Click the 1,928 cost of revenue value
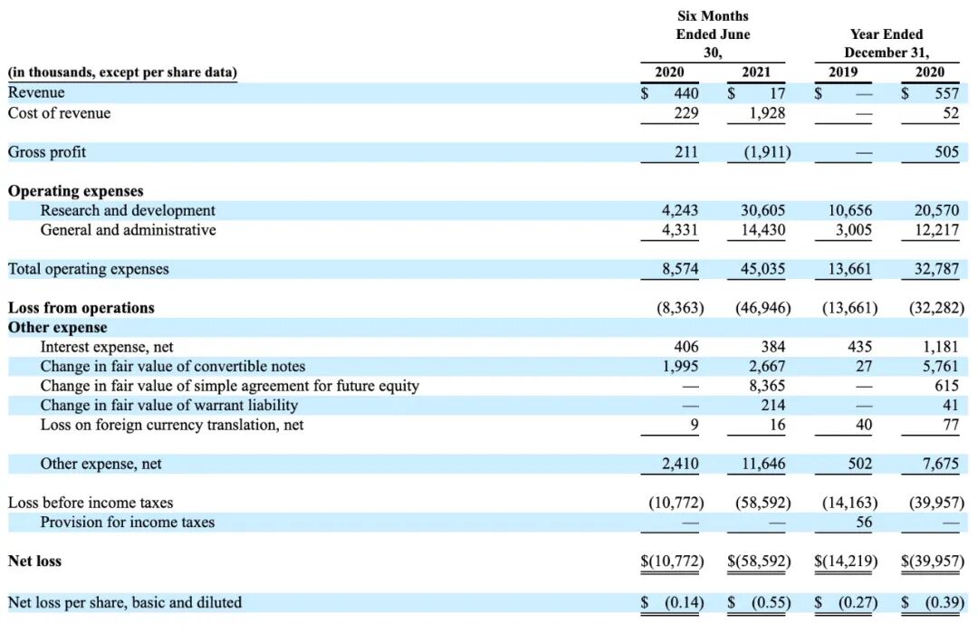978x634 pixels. click(766, 113)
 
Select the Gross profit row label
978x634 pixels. click(47, 152)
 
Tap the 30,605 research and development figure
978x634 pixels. click(762, 210)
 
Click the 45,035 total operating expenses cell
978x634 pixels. click(762, 269)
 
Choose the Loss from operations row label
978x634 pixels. click(81, 308)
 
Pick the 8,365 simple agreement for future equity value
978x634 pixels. click(766, 386)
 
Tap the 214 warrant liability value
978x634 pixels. click(772, 405)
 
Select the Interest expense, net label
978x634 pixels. click(107, 347)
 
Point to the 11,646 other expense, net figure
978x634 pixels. click(762, 464)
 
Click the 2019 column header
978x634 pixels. click(844, 72)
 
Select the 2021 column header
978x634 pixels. click(757, 72)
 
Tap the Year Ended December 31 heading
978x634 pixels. click(887, 43)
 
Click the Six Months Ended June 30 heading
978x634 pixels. click(713, 34)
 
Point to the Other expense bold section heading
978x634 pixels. click(57, 328)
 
